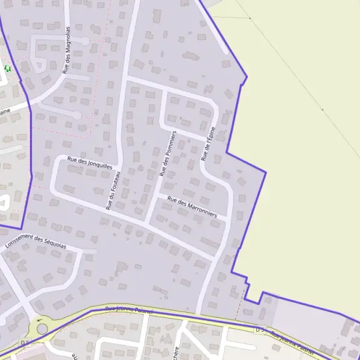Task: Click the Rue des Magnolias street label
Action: [x=67, y=50]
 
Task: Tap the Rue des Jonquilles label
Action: [x=89, y=163]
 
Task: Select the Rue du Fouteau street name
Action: [x=114, y=190]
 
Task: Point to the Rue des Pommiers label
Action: [x=167, y=153]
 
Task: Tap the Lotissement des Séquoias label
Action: [x=35, y=242]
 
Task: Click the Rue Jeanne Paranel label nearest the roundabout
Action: [x=129, y=310]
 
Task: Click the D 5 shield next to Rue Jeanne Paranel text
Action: [x=260, y=329]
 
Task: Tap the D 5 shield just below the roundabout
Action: [x=26, y=343]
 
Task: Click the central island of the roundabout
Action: [x=40, y=328]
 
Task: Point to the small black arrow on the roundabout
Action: [x=40, y=320]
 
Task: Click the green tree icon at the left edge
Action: [x=7, y=68]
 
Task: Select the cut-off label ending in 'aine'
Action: [x=5, y=112]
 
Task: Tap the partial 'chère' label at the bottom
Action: [x=175, y=352]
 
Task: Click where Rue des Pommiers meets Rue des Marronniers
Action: [x=155, y=197]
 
